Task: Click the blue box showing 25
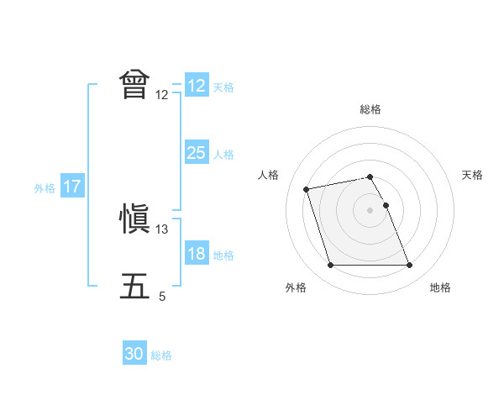point(196,153)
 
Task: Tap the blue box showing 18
point(196,254)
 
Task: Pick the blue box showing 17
point(72,187)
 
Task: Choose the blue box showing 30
point(134,354)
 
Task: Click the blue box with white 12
point(196,86)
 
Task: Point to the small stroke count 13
point(162,229)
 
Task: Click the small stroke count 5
point(162,297)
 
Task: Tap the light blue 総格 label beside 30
point(161,355)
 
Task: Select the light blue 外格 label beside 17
point(45,188)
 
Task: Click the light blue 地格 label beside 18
point(223,255)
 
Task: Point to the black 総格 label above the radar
point(370,109)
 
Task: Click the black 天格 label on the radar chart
point(473,175)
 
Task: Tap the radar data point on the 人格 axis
point(307,188)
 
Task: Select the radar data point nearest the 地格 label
point(409,266)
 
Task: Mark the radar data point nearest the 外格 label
point(330,266)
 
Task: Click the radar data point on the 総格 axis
point(370,176)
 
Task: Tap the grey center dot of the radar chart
point(370,209)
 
